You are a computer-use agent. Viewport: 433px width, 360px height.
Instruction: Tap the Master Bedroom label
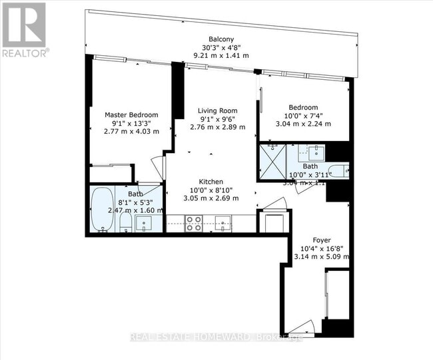131,114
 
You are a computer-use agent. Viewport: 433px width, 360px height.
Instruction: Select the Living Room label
218,110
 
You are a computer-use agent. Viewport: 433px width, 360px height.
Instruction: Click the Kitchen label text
211,182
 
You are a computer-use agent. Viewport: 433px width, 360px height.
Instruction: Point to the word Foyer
322,240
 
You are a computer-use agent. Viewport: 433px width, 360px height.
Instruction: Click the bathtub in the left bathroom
103,210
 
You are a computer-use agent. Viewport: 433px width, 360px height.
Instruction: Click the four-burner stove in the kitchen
193,224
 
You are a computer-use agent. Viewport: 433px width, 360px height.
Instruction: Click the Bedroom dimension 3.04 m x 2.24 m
303,123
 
